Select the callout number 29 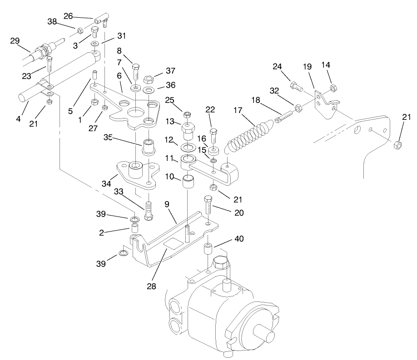click(x=15, y=41)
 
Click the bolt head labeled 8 click(x=135, y=68)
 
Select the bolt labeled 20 click(x=208, y=207)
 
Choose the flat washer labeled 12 click(x=188, y=148)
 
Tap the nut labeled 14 click(x=332, y=88)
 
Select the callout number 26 click(x=68, y=16)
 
